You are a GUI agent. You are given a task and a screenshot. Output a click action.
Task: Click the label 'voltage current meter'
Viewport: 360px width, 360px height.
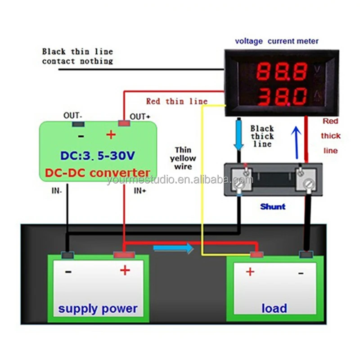[277, 41]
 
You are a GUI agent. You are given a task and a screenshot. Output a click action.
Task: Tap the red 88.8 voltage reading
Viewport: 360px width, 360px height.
[282, 71]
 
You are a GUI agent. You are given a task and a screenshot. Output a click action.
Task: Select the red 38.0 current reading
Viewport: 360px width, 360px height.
[282, 95]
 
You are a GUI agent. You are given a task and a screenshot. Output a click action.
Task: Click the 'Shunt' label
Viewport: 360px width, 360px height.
[273, 207]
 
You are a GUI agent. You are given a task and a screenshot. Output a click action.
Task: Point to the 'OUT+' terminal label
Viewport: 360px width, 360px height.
[140, 117]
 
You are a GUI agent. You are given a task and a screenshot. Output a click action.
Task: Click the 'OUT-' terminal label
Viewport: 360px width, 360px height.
[72, 116]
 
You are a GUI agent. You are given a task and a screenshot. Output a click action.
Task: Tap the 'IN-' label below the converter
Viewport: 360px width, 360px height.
[57, 190]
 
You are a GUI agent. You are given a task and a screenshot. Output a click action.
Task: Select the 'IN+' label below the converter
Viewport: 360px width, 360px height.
[140, 190]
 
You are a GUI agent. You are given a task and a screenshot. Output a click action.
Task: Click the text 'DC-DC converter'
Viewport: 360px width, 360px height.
[97, 173]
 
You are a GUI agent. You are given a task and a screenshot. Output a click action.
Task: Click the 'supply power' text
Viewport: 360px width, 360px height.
[98, 309]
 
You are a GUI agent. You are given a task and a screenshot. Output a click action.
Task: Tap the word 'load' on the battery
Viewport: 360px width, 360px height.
[274, 308]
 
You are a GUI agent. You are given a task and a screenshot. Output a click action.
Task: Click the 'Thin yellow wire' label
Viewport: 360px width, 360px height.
[183, 158]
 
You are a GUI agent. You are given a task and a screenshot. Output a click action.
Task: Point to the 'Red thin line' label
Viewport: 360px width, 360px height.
[176, 102]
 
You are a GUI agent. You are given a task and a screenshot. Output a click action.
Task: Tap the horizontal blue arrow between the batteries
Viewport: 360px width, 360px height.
[173, 248]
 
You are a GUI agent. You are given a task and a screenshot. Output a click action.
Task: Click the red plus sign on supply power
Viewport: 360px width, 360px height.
[125, 270]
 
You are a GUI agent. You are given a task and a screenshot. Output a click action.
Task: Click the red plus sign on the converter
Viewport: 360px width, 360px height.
[111, 135]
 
